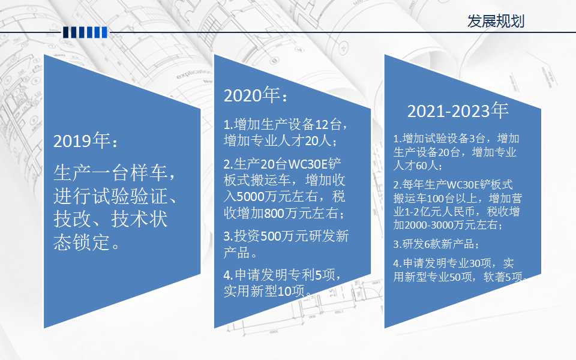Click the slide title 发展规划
click(496, 22)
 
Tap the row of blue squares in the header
click(85, 32)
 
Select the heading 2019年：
click(86, 140)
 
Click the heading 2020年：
click(256, 95)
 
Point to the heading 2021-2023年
click(458, 110)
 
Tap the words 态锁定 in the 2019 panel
click(82, 242)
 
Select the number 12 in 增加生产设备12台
click(322, 125)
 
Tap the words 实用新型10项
click(264, 291)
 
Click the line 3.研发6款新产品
click(436, 244)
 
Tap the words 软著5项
click(503, 277)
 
